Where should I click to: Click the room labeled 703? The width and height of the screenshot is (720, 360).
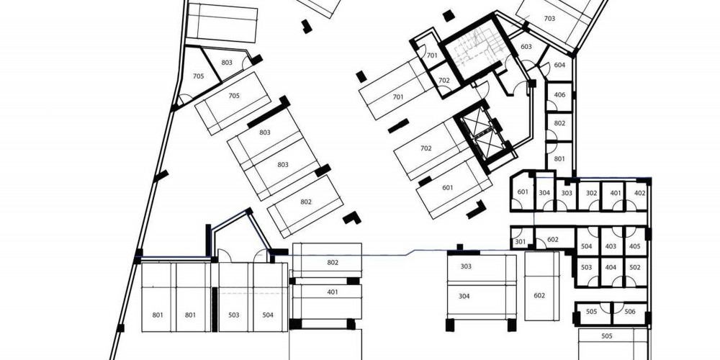(x=549, y=19)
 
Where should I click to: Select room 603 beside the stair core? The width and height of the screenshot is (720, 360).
(x=526, y=48)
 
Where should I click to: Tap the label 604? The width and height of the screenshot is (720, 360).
(x=559, y=66)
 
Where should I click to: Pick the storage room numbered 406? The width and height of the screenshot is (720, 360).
(x=559, y=96)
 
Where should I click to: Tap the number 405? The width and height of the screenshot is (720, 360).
(x=634, y=246)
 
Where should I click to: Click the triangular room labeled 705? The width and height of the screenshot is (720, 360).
(x=198, y=76)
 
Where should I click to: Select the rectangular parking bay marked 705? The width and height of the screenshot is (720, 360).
(x=233, y=102)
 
